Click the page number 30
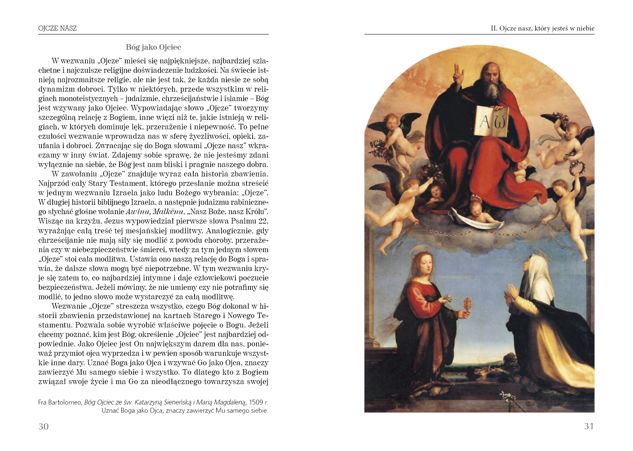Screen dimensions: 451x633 pos(44,426)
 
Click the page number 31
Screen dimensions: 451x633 pos(589,426)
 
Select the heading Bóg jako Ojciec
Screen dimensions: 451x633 pos(153,47)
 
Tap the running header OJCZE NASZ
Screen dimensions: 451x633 pos(57,28)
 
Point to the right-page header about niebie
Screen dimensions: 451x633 pos(542,28)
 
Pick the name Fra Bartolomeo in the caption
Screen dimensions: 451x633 pos(60,402)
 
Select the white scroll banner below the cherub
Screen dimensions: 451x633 pos(477,222)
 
